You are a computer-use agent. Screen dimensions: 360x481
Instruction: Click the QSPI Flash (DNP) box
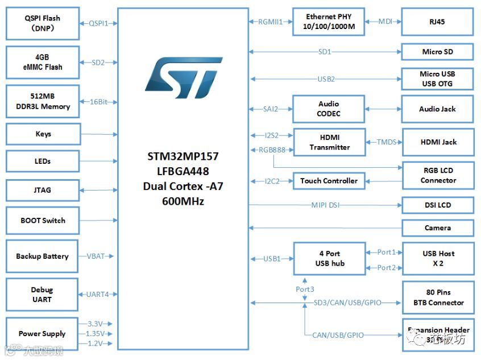pos(42,23)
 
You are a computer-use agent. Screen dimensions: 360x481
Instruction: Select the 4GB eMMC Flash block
pos(42,63)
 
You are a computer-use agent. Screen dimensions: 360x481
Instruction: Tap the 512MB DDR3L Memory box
pos(42,102)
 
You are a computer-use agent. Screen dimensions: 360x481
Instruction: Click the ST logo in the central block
pos(183,77)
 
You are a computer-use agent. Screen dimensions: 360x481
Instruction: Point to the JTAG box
pos(42,190)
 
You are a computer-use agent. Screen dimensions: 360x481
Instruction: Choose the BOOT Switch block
pos(42,221)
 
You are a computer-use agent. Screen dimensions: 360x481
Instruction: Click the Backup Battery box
pos(42,256)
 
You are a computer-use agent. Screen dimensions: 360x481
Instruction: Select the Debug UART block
pos(42,295)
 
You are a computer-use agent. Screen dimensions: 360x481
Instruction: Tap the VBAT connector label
pos(96,256)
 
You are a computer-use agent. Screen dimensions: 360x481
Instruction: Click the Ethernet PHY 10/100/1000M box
pos(328,22)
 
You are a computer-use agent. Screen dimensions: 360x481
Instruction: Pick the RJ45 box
pos(437,22)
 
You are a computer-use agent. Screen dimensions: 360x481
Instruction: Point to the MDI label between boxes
pos(385,22)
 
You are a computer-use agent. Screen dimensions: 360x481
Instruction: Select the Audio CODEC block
pos(328,109)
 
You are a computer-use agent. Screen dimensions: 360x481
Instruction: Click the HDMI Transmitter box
pos(329,142)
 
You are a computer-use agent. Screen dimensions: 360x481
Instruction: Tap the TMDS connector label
pos(386,142)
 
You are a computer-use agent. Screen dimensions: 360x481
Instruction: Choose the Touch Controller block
pos(329,181)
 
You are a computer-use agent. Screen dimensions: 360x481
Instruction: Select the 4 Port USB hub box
pos(329,258)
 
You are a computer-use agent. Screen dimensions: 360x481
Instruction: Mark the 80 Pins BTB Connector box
pos(438,297)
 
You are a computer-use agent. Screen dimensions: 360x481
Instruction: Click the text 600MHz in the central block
pos(183,201)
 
